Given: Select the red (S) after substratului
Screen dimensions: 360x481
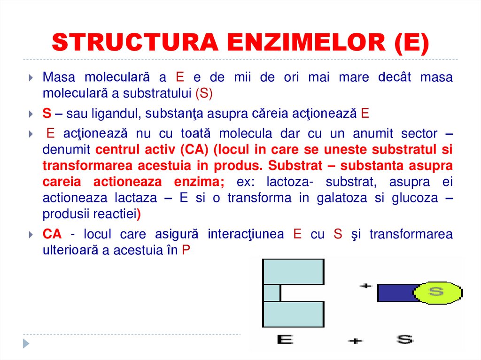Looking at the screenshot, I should [x=204, y=93].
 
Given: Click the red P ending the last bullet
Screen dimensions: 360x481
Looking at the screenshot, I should [x=186, y=250].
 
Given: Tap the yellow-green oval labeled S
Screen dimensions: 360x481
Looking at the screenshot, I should [x=436, y=292].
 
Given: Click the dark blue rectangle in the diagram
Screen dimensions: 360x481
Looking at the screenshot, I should [x=395, y=293].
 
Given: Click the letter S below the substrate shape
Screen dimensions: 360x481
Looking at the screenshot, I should [x=404, y=339].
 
